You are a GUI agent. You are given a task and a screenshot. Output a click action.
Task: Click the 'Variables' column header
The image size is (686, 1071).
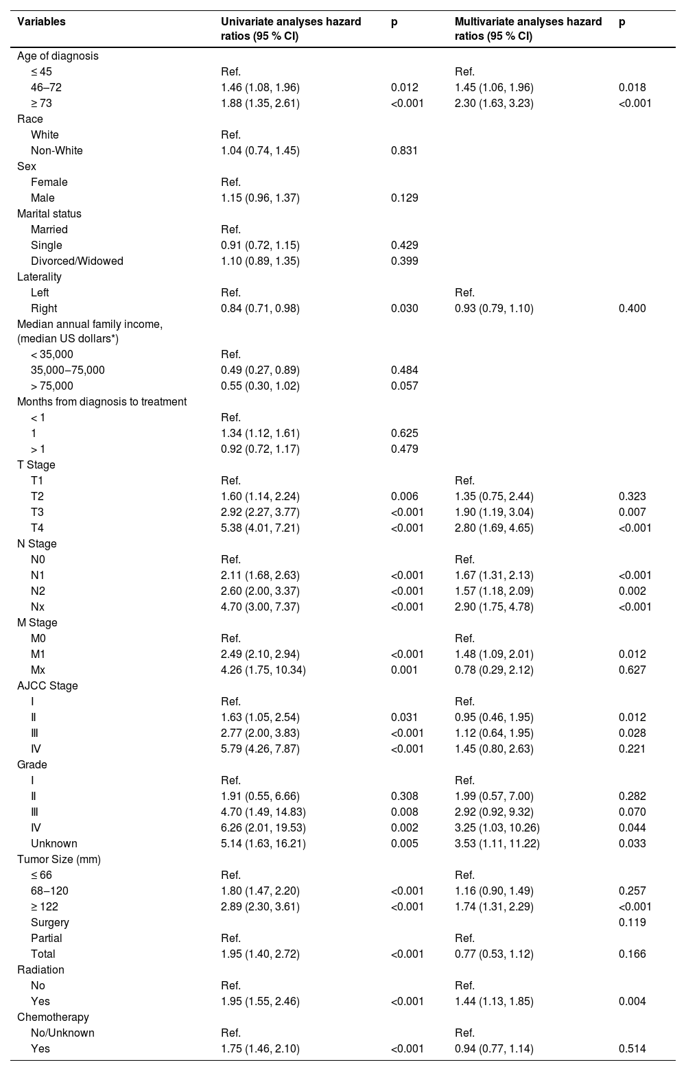pos(41,22)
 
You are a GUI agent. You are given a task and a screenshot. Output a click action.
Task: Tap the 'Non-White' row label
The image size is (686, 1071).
pos(56,150)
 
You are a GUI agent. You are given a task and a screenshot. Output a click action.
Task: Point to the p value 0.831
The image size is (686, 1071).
pos(404,150)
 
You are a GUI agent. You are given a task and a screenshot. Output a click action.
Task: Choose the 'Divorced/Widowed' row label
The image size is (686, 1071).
pos(77,261)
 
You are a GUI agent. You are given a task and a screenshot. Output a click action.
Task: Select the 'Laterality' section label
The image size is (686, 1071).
pos(39,276)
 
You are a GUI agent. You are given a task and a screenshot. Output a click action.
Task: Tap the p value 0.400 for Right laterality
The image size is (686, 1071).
pos(632,308)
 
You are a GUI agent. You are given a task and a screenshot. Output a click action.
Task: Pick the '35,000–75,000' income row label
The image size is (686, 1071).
pos(68,370)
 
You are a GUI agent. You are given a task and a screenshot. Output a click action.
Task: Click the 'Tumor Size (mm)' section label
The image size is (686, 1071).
pos(58,859)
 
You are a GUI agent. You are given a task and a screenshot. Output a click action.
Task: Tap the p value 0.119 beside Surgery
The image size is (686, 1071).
pos(632,922)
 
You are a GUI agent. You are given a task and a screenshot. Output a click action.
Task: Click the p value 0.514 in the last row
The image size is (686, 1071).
pos(632,1048)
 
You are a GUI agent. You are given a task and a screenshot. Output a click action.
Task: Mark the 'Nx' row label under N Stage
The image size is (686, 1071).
pos(38,607)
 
